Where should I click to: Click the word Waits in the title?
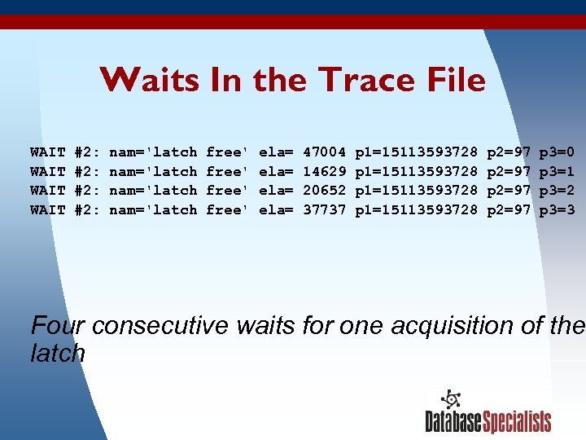click(x=150, y=80)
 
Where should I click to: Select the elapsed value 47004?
click(x=325, y=152)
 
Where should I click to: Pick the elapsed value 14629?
click(x=325, y=172)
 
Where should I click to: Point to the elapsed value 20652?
click(x=325, y=191)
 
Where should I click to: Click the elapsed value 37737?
click(x=325, y=210)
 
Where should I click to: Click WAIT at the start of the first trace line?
click(x=47, y=152)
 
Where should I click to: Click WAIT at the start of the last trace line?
click(x=47, y=210)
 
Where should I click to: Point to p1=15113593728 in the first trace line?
click(x=417, y=152)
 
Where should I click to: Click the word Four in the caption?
click(x=59, y=326)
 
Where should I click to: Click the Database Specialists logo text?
click(x=488, y=421)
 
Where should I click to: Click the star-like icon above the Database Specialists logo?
click(x=451, y=399)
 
